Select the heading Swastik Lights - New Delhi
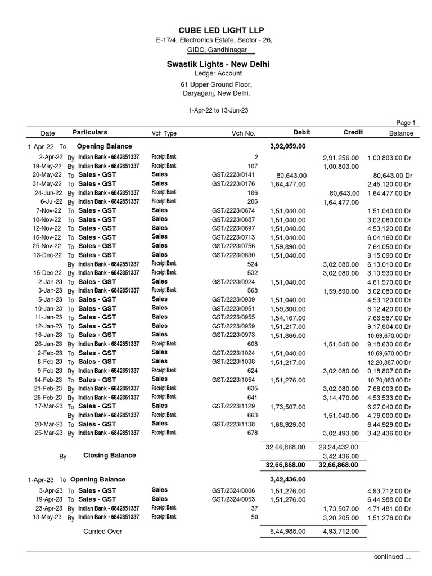pyautogui.click(x=218, y=64)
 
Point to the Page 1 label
pyautogui.click(x=406, y=123)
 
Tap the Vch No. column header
pyautogui.click(x=243, y=133)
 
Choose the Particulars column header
pyautogui.click(x=89, y=132)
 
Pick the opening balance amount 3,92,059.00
pyautogui.click(x=287, y=146)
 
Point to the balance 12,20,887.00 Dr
pyautogui.click(x=389, y=362)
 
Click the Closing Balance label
pyautogui.click(x=109, y=456)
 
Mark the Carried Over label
pyautogui.click(x=102, y=532)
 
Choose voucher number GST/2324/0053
pyautogui.click(x=233, y=499)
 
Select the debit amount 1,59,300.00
pyautogui.click(x=287, y=308)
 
